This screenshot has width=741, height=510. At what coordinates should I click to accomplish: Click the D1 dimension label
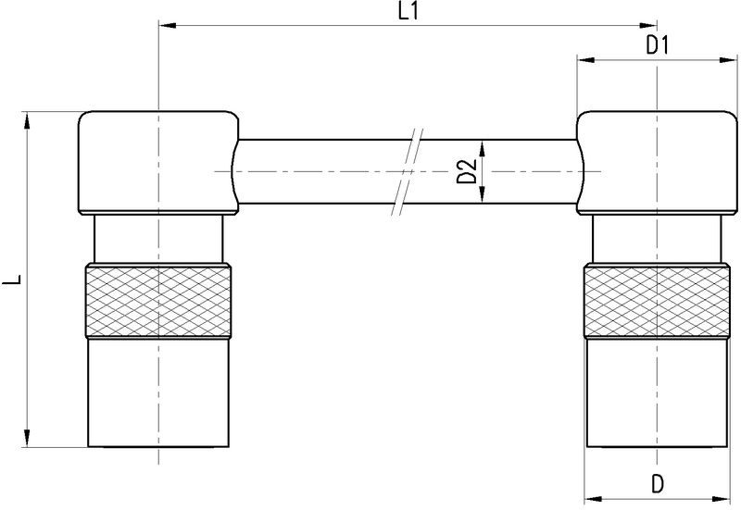(658, 44)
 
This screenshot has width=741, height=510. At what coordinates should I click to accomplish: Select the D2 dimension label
(468, 171)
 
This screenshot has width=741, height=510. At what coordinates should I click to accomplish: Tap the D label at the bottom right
(657, 483)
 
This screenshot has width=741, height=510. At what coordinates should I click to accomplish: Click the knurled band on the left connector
(158, 301)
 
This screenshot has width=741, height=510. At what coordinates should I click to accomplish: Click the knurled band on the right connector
(657, 301)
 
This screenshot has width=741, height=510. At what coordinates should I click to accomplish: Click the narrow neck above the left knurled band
(158, 239)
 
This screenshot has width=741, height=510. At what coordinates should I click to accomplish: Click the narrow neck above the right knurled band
(657, 239)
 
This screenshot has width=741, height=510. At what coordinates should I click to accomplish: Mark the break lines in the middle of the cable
(408, 171)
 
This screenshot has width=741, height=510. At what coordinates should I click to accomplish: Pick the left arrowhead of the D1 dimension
(584, 60)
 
